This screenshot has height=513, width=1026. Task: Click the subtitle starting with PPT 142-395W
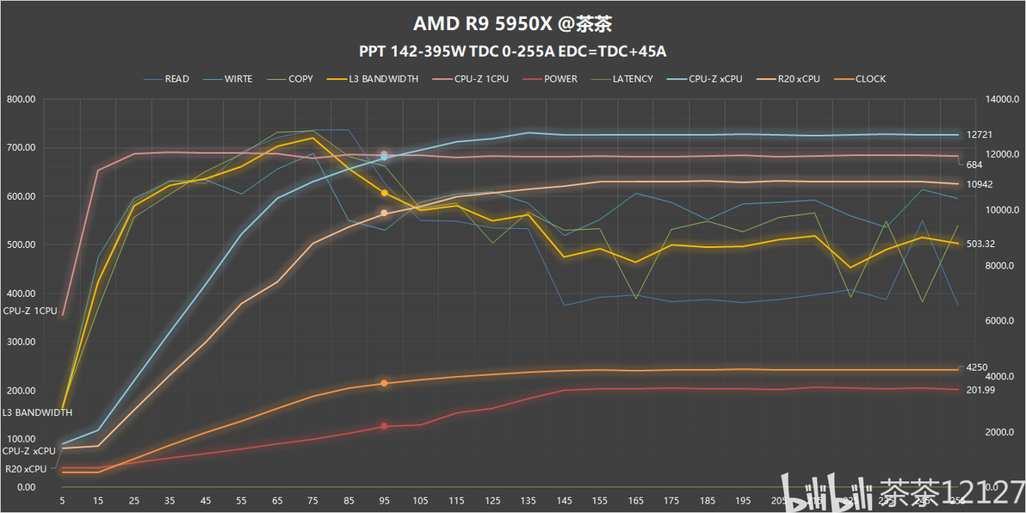pos(512,51)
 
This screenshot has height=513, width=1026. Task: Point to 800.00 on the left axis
pos(20,99)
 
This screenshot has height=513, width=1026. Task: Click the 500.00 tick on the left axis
pos(20,244)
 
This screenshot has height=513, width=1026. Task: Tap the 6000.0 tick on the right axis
pos(999,321)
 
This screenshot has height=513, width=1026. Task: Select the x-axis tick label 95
pos(384,500)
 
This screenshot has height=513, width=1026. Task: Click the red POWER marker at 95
pos(384,426)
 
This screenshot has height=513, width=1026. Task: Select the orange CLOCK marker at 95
pos(384,383)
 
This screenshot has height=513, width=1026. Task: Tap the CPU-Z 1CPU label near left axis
pos(30,311)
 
